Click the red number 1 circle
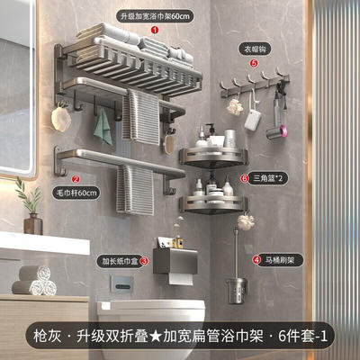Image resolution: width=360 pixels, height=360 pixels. tap(155, 30)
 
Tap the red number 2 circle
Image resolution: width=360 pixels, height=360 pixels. tap(76, 179)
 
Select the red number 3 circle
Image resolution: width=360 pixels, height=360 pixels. tap(144, 261)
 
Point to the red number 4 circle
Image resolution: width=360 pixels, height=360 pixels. tap(256, 260)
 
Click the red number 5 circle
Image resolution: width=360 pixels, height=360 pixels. tap(254, 63)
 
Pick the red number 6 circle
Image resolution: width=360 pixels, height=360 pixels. tap(244, 179)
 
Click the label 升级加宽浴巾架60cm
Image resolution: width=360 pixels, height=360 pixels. tap(155, 16)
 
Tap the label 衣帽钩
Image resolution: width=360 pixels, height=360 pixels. tap(256, 49)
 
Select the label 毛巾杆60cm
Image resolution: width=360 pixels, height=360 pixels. tap(76, 193)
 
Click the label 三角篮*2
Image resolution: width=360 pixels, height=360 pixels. tap(266, 179)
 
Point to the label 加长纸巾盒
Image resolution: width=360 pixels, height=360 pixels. tap(120, 261)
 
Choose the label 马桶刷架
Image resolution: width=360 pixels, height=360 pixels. tap(279, 260)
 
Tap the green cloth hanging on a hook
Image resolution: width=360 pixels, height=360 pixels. tap(103, 127)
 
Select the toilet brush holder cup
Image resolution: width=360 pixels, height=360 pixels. tap(237, 290)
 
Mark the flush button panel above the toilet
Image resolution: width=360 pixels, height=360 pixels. tap(121, 284)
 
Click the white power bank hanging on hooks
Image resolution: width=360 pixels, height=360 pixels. tap(253, 120)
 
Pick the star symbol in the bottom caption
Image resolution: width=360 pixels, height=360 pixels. tap(155, 337)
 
